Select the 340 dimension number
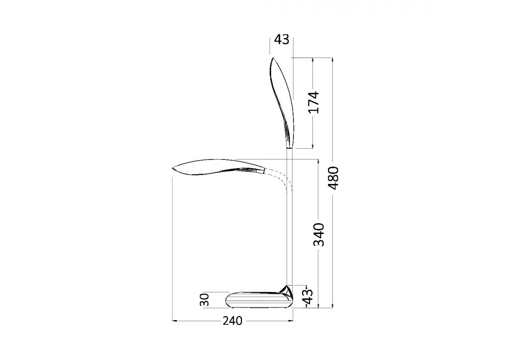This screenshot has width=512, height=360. coord(318,234)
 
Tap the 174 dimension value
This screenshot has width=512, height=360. coord(314,102)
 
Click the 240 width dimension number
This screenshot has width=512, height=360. coord(232,321)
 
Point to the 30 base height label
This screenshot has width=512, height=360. coord(204,300)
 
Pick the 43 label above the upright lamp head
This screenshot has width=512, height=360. coord(282,40)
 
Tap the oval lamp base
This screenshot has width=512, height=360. coord(259,300)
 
